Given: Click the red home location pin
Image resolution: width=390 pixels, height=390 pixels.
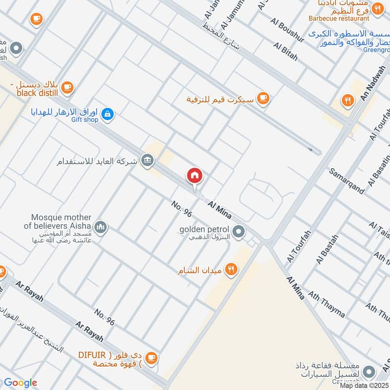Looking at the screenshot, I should pyautogui.click(x=195, y=176).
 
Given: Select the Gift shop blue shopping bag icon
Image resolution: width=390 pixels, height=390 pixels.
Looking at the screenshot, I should pyautogui.click(x=108, y=115).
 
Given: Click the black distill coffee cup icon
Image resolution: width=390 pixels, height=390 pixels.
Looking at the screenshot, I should pyautogui.click(x=67, y=87).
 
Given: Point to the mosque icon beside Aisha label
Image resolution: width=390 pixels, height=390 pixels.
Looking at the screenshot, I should pyautogui.click(x=101, y=227).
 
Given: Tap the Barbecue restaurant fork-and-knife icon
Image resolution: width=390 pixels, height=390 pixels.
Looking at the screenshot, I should pyautogui.click(x=377, y=8).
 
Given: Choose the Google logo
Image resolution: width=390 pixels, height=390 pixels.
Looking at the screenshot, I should pyautogui.click(x=20, y=383).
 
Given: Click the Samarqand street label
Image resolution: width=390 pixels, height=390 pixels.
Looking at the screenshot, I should pyautogui.click(x=347, y=181).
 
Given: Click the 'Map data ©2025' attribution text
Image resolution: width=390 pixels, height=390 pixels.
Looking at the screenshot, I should pyautogui.click(x=364, y=386).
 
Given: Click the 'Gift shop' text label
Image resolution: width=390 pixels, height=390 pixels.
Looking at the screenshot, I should pyautogui.click(x=84, y=119).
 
